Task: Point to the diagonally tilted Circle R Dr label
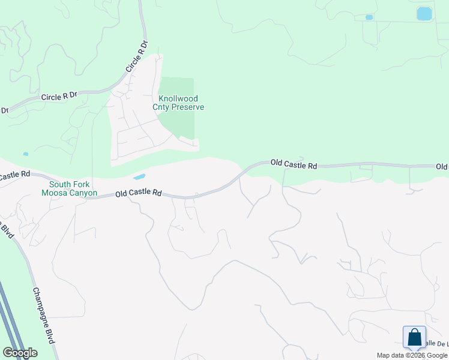point(136,57)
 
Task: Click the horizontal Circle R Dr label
point(59,96)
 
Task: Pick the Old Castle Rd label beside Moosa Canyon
point(139,193)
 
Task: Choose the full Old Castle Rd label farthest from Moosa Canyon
point(294,163)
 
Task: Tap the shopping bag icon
point(414,337)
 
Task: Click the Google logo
point(20,353)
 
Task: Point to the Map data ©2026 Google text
point(411,355)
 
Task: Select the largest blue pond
point(424,13)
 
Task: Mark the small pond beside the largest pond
point(369,17)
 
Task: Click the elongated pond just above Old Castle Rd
point(139,177)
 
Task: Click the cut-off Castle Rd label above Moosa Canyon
point(15,175)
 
